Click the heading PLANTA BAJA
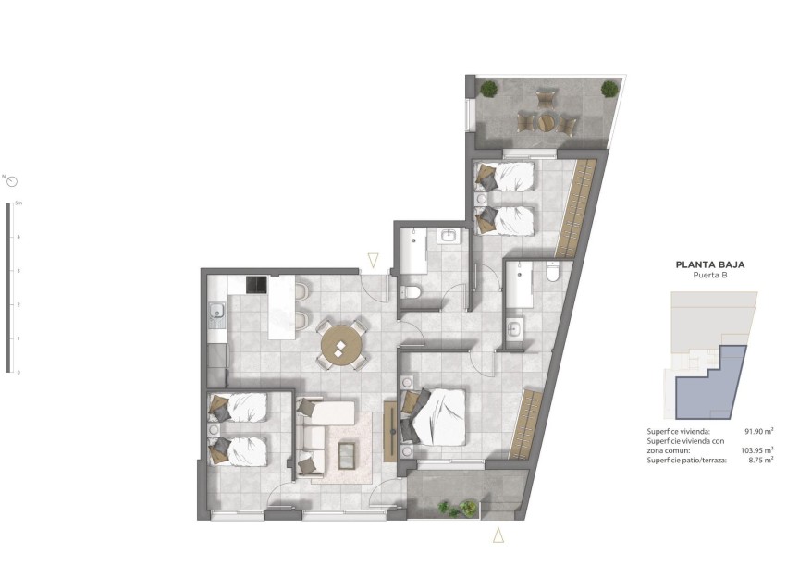[710, 264]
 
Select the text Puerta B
[710, 276]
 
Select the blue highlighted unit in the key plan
[710, 385]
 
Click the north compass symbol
[12, 181]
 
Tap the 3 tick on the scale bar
[18, 270]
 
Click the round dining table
[341, 345]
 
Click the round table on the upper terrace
[547, 120]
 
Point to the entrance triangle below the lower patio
[498, 535]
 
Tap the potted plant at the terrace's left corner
[487, 89]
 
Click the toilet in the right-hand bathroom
[553, 272]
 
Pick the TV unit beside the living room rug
[389, 432]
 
